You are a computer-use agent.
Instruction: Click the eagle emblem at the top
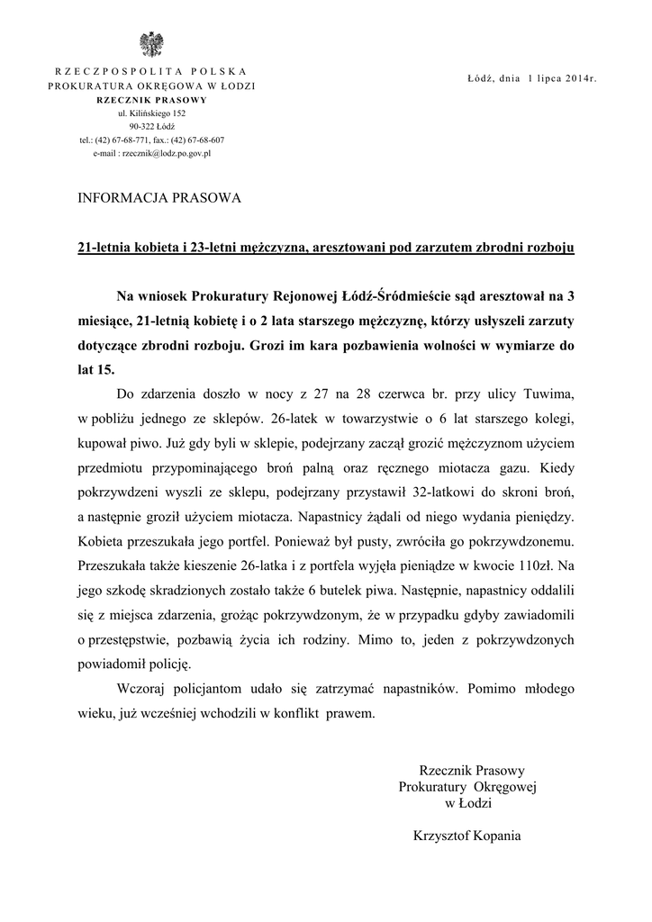coord(151,43)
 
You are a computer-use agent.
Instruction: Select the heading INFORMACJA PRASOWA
coord(160,198)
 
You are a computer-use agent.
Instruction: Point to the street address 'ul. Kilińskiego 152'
coord(151,113)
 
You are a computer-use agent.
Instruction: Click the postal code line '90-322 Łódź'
coord(151,127)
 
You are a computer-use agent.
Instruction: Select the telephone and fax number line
coord(151,140)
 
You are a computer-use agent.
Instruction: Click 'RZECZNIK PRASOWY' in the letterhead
coord(151,100)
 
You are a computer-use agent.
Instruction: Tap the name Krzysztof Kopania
coord(466,835)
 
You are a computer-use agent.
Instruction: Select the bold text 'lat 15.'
coord(96,368)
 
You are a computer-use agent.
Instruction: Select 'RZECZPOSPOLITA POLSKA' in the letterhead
coord(151,71)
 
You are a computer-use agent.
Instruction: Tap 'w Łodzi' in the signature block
coord(466,802)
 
